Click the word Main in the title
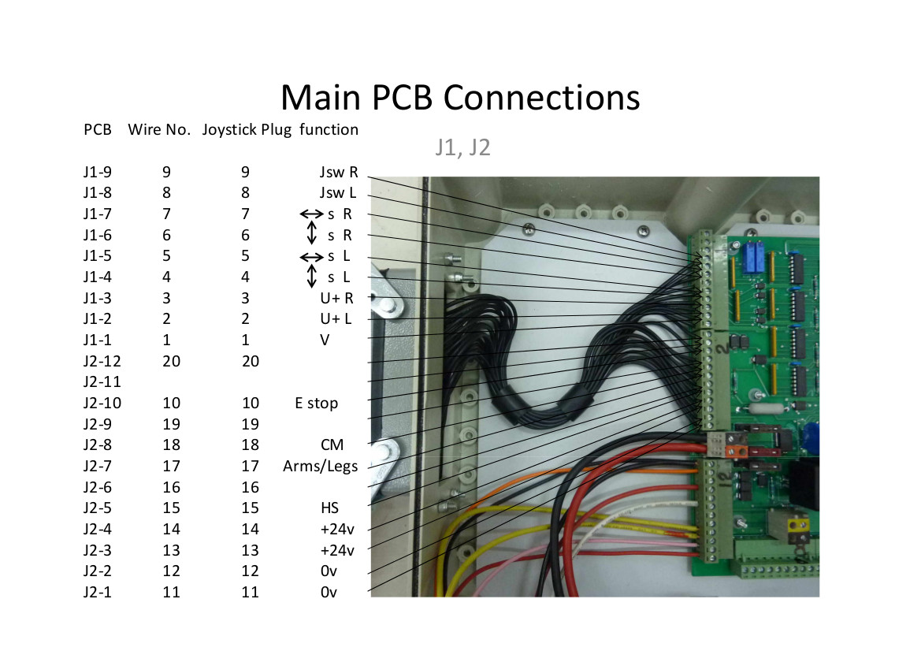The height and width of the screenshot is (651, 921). [321, 98]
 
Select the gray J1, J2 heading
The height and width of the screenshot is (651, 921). [462, 147]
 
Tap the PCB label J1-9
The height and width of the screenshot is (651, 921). [98, 172]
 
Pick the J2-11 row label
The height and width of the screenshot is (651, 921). [102, 382]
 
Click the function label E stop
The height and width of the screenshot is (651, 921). [317, 403]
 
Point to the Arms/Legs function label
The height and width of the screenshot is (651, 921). [320, 467]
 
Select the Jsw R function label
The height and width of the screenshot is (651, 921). [339, 172]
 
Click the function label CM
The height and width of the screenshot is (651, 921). [332, 445]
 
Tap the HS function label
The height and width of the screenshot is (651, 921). [329, 508]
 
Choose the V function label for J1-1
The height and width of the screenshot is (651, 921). [325, 340]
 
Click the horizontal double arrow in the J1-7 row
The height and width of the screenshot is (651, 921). [311, 214]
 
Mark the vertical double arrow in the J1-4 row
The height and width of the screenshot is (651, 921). [312, 276]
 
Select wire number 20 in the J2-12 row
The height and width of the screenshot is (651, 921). [172, 361]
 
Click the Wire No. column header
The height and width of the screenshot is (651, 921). [159, 129]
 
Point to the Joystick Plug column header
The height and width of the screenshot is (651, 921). [247, 130]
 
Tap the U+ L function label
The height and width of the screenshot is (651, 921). [336, 319]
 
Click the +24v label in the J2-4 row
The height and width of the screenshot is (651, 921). [337, 530]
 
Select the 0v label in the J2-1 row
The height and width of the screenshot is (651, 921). [329, 592]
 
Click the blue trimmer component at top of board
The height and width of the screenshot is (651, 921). [749, 257]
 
